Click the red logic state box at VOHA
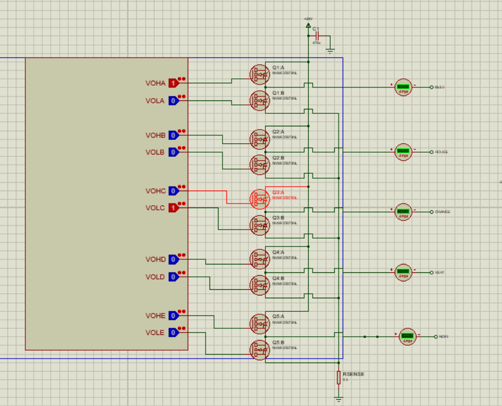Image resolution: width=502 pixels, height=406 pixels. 173,83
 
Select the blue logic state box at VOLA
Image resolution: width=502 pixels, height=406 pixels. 173,101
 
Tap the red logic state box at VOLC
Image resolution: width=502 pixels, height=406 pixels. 173,208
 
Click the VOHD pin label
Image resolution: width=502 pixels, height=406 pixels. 156,259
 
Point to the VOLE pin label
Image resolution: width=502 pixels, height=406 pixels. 156,333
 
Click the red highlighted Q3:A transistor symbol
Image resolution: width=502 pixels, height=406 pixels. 260,199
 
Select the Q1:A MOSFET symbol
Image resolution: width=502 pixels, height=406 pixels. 260,74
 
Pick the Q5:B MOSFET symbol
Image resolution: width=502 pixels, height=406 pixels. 260,350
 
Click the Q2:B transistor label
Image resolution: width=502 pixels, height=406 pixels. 278,158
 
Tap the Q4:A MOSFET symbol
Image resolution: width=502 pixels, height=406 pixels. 260,259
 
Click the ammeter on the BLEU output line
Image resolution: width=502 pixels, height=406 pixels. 403,87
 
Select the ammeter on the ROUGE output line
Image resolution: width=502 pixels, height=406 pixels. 403,152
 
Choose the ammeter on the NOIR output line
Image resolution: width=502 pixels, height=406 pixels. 408,337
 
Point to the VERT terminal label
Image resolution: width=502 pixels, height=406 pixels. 439,272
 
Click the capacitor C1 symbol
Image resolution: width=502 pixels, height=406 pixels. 318,36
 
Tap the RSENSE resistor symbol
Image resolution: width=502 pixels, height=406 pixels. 339,377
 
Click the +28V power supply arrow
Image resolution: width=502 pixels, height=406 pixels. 308,24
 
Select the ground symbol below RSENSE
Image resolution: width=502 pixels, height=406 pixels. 339,399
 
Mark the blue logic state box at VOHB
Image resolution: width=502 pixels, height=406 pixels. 173,135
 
